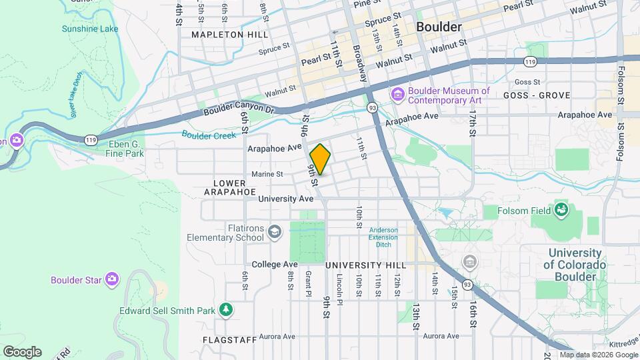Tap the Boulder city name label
pos(438,27)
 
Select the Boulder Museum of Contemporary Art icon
pos(398,95)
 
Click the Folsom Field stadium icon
pos(561,211)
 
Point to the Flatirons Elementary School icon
pos(274,232)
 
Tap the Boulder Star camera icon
pos(111,279)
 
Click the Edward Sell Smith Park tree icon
pos(227,310)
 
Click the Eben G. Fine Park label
pos(125,147)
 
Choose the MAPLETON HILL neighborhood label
pos(220,34)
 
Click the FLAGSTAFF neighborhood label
pos(229,339)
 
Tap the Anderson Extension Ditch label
pos(383,237)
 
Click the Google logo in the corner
pos(21,351)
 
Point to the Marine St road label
pos(267,175)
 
